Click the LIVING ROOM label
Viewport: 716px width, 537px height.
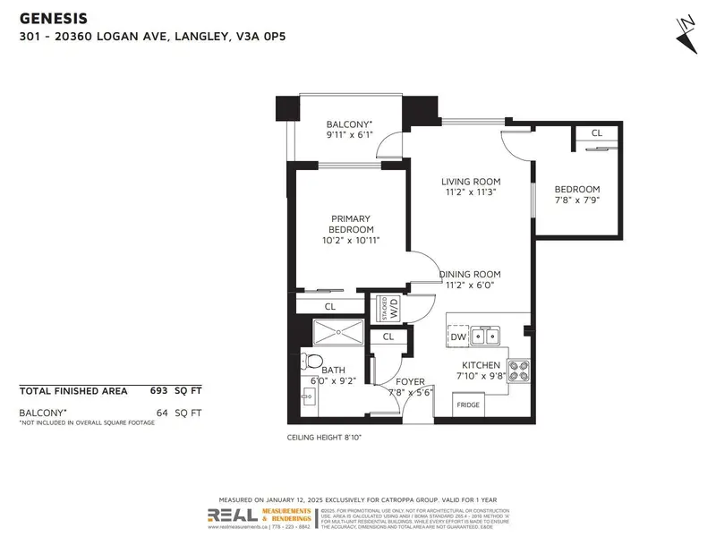pos(469,182)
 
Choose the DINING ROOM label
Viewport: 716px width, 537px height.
pos(469,274)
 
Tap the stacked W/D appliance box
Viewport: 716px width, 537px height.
pos(388,307)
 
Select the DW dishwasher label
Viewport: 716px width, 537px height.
pos(457,337)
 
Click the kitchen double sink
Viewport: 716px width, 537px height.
pos(486,337)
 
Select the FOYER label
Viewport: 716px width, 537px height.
pos(410,382)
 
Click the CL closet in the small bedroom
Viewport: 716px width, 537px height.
pos(596,133)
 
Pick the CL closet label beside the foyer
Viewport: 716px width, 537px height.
pos(388,337)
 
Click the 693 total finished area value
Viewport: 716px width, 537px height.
pos(162,391)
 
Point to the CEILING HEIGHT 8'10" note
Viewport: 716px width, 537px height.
pos(323,438)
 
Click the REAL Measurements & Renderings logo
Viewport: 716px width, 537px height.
pos(260,516)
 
